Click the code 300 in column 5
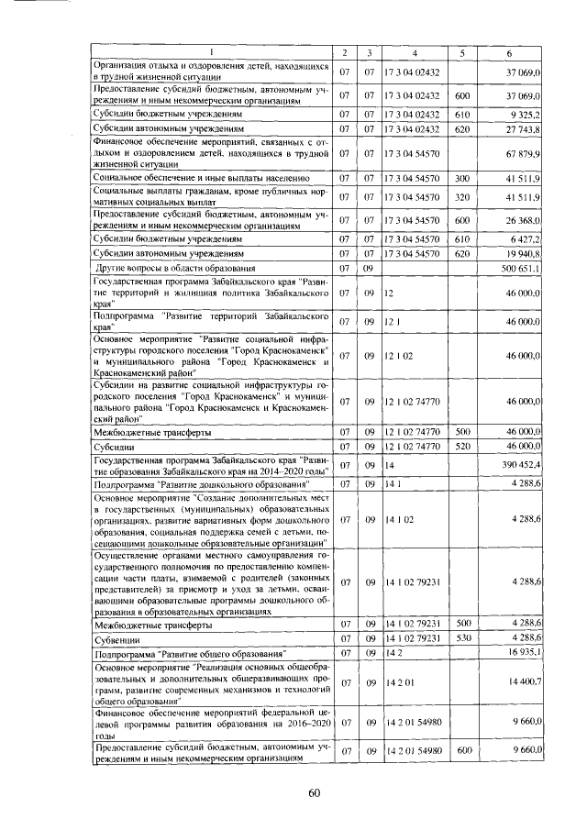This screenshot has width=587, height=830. (x=462, y=177)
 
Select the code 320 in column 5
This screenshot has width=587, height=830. (x=462, y=196)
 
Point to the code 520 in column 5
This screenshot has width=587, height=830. (x=462, y=446)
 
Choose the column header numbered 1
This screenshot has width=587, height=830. (x=212, y=50)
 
